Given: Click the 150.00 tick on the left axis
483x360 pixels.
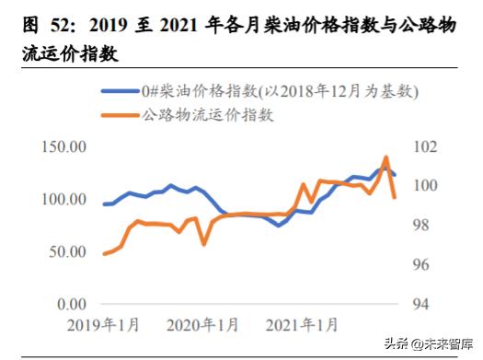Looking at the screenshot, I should (63, 147).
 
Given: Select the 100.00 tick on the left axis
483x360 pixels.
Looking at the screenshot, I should (63, 200).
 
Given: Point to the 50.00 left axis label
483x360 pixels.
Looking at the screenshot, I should (67, 251).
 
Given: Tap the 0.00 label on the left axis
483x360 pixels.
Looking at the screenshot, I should (71, 304).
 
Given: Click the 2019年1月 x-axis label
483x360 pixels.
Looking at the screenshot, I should (103, 325).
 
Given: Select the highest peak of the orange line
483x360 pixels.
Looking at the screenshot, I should (385, 157).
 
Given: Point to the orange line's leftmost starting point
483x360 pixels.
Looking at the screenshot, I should (104, 253).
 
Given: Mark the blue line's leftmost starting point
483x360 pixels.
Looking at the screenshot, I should (104, 204).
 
